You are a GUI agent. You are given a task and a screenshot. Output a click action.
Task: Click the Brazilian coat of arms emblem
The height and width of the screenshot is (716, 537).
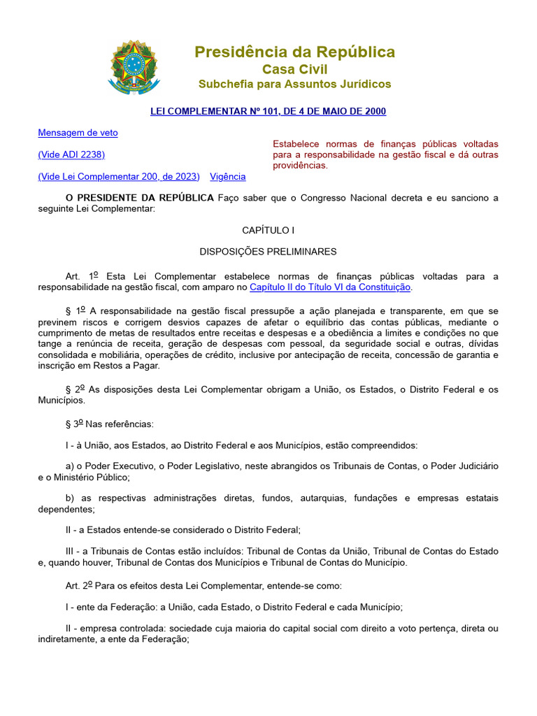134,67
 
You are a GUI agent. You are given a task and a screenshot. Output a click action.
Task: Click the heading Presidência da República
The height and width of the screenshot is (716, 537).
294,52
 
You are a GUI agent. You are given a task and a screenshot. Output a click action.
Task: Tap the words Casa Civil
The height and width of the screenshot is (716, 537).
294,69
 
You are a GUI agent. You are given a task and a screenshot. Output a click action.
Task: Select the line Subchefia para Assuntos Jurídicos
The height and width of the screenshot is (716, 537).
294,85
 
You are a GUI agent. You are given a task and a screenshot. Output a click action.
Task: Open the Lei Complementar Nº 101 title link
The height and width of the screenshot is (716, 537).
268,111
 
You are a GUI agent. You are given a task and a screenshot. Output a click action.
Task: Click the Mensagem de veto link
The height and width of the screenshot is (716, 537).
78,133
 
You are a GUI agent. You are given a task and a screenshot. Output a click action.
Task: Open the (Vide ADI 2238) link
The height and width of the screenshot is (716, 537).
71,155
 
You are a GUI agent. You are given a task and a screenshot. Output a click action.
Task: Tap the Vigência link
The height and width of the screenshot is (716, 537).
228,177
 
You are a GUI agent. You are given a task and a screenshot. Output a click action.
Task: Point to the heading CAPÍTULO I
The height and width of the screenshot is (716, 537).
268,229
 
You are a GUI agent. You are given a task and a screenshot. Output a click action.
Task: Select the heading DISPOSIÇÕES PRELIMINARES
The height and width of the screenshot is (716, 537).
268,252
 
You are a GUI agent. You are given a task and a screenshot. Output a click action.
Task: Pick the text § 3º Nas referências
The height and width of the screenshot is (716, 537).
109,424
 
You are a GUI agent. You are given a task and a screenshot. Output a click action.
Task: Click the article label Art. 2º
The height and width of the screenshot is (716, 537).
79,586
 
